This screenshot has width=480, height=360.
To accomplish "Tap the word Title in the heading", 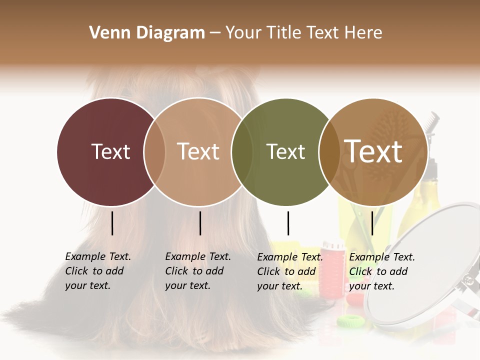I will pyautogui.click(x=284, y=33).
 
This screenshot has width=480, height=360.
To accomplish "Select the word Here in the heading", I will pyautogui.click(x=363, y=33).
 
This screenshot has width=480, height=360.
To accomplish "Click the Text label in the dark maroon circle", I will pyautogui.click(x=110, y=151).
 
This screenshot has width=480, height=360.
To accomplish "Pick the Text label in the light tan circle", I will pyautogui.click(x=198, y=151).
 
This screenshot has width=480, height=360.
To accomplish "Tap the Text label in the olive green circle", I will pyautogui.click(x=285, y=151).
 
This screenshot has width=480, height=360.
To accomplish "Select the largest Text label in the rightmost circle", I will pyautogui.click(x=373, y=151).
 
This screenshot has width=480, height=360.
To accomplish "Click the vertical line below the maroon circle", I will pyautogui.click(x=112, y=223).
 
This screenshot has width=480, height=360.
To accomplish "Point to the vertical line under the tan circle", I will pyautogui.click(x=200, y=223).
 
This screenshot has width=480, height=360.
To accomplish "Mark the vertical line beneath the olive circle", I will pyautogui.click(x=288, y=223).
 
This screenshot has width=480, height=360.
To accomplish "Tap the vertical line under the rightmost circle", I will pyautogui.click(x=372, y=223).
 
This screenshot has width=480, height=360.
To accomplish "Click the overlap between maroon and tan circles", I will pyautogui.click(x=154, y=152).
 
